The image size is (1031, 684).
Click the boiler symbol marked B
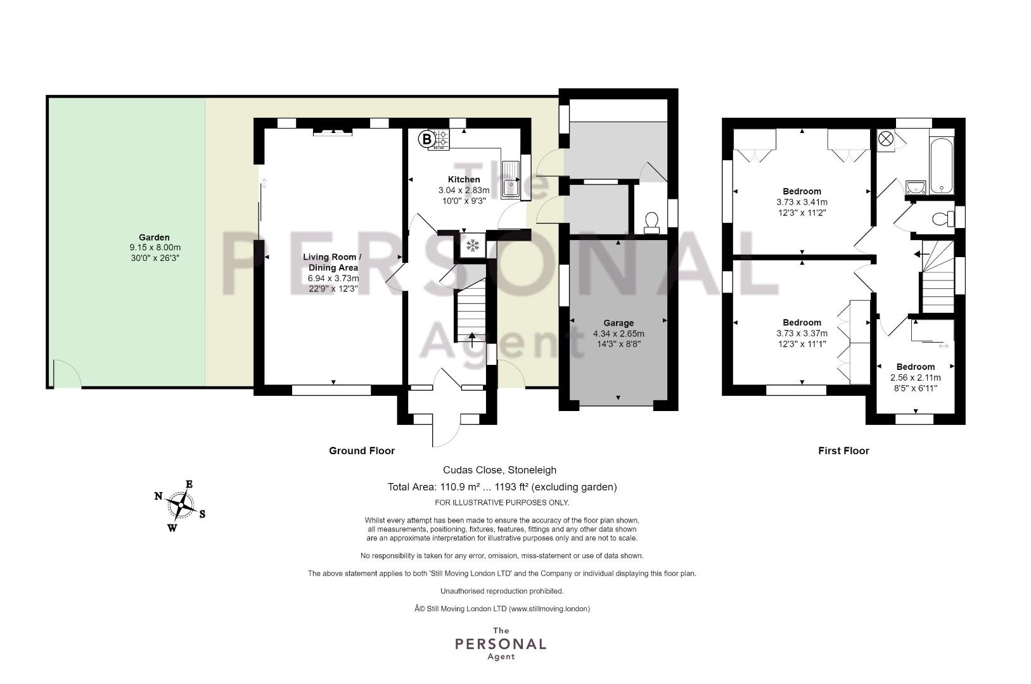426,139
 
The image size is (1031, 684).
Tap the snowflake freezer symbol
473,245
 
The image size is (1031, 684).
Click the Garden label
154,237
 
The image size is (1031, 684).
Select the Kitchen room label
464,179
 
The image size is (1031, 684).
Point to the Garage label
618,323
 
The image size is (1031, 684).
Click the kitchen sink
510,179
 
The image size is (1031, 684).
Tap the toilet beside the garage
651,222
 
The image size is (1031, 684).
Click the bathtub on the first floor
941,165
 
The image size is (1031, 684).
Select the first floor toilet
944,218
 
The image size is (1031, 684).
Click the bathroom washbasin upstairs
916,187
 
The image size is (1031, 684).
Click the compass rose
181,505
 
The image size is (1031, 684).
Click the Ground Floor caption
362,451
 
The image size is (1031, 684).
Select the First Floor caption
843,451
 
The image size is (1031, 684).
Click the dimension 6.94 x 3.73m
333,278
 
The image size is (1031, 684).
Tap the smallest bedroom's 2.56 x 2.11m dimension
916,377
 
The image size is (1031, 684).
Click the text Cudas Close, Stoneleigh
499,470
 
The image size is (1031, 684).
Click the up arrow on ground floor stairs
471,340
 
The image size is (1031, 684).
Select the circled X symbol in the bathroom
885,139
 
